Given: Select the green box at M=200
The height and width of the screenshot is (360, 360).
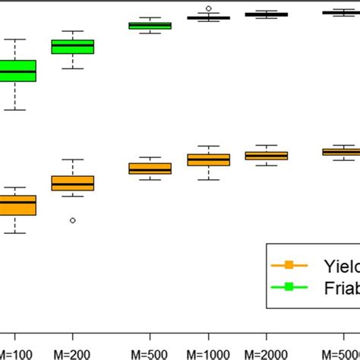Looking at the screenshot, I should coord(73,47).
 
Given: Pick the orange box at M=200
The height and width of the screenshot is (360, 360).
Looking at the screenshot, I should coord(73,183).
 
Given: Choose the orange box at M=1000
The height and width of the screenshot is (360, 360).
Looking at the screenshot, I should coord(208,159).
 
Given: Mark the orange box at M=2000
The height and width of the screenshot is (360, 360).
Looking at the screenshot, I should coord(267,156).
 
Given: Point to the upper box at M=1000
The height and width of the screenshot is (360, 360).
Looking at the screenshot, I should coord(208,17).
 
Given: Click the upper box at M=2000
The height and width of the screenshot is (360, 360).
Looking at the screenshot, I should coord(267,14).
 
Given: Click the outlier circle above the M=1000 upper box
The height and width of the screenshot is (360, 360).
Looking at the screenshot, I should coord(209,8).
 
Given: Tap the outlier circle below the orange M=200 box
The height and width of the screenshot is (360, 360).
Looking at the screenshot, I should coord(73,220).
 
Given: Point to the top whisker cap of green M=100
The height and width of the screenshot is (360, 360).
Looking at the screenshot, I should coord(15,39).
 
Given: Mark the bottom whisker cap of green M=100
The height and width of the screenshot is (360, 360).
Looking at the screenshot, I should coord(15,110).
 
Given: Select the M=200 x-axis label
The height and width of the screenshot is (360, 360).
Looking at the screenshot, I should coord(73,353).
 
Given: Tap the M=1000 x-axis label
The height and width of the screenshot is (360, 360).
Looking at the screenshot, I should coord(208,353).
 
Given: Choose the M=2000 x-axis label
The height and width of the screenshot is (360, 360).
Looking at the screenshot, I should coord(267,353).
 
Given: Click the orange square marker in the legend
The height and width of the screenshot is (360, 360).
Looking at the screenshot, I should coord(288,265).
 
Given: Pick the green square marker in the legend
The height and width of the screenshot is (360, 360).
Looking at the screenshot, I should coord(288,287).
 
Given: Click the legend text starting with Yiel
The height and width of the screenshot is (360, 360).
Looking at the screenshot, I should coord(341,265).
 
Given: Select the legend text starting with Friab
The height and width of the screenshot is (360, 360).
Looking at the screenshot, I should coord(341,287).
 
